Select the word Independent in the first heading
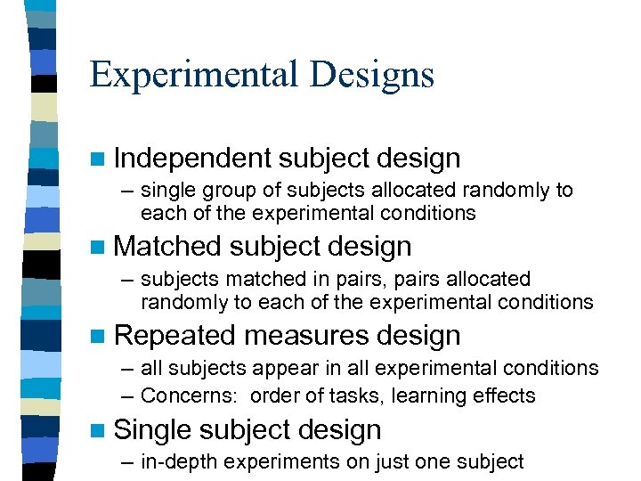pyautogui.click(x=191, y=159)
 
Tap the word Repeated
pyautogui.click(x=174, y=336)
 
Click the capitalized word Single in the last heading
pyautogui.click(x=152, y=430)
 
